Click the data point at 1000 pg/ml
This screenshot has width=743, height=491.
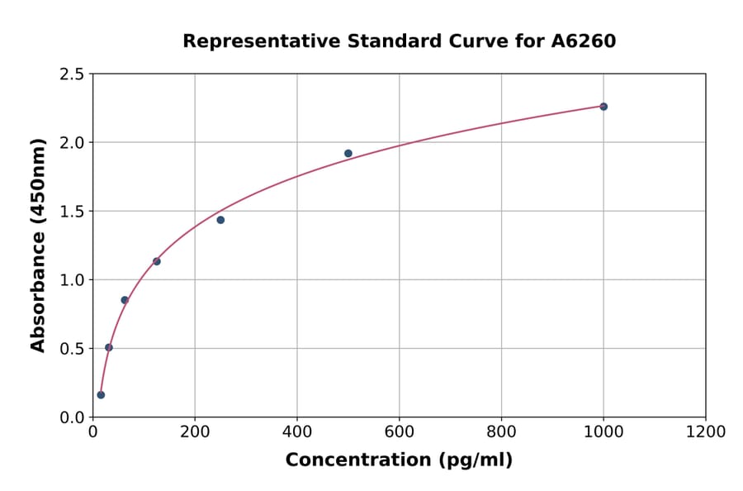[x=603, y=107]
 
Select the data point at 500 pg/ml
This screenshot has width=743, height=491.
[x=348, y=154]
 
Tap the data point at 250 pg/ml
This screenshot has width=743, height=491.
[x=220, y=220]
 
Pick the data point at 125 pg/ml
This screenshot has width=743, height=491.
[x=157, y=261]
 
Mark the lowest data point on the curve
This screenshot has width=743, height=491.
[x=101, y=395]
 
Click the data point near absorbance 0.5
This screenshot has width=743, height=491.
[x=109, y=347]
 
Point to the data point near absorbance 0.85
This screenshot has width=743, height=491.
[x=125, y=300]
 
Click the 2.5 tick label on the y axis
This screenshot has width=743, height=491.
[x=71, y=74]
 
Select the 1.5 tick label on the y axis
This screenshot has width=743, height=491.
[x=71, y=212]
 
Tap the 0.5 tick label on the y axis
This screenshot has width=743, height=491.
[x=71, y=349]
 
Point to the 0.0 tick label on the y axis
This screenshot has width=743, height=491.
[x=71, y=417]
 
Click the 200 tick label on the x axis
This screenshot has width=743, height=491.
[x=195, y=431]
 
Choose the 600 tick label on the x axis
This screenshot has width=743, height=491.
[x=400, y=431]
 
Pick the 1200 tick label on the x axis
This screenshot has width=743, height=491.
[x=706, y=431]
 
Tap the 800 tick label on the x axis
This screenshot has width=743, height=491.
[x=501, y=431]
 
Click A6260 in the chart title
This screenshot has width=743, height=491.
[x=583, y=41]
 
